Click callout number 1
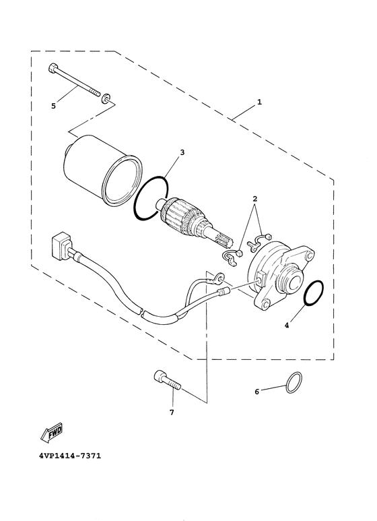259,102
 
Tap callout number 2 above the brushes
255,200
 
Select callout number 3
182,152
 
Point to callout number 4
287,326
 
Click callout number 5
53,106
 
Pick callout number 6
256,392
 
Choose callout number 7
172,412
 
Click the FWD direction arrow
51,433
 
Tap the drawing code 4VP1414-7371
70,456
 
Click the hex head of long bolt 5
53,68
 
